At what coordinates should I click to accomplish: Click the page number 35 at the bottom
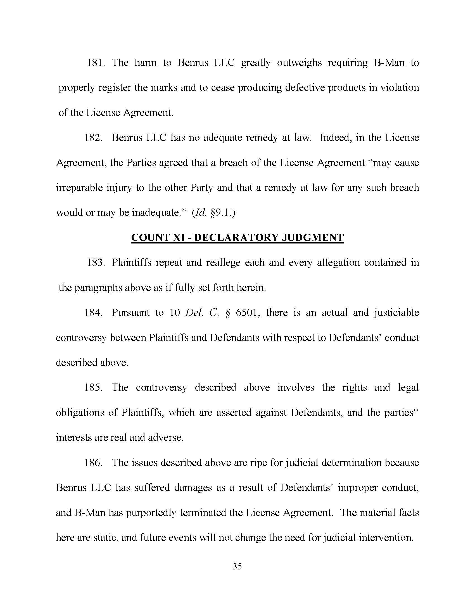tap(237, 566)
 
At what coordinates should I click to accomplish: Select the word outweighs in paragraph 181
tap(299, 63)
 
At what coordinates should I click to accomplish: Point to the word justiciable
tap(396, 313)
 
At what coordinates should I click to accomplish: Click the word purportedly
tap(151, 512)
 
